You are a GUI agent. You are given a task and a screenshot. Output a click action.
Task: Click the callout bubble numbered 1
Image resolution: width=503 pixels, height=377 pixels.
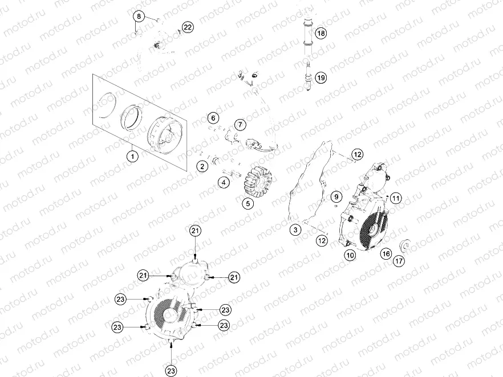[x=132, y=155]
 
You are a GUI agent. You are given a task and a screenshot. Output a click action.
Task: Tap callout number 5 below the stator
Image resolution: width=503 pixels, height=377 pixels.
[x=248, y=203]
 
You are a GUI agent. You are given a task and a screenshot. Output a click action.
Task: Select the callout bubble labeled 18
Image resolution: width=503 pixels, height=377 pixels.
[x=321, y=34]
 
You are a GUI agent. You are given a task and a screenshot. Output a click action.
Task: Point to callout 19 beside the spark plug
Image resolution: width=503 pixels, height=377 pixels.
[x=321, y=77]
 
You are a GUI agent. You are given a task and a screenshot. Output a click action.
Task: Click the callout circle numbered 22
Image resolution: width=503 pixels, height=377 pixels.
[x=188, y=27]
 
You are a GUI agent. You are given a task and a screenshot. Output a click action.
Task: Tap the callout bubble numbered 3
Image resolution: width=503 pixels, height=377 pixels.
[x=295, y=230]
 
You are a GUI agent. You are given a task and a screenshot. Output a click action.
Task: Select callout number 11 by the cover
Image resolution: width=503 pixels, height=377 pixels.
[x=395, y=198]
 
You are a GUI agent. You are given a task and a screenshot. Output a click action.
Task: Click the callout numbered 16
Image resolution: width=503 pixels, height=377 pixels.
[x=386, y=253]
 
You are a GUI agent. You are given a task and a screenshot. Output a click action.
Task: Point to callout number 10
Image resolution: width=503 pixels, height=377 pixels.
[x=350, y=256]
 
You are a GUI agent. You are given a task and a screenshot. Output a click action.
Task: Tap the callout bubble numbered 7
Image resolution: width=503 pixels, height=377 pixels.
[x=240, y=125]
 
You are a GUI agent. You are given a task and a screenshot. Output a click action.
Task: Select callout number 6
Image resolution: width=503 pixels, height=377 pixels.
[x=213, y=118]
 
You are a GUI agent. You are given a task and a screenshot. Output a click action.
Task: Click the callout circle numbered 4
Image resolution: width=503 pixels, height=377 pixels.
[x=224, y=183]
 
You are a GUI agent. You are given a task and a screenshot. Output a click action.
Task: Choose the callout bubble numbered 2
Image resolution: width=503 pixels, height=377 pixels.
[x=202, y=166]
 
